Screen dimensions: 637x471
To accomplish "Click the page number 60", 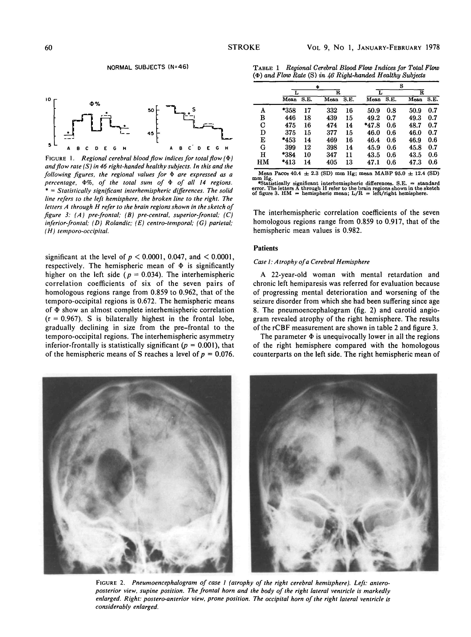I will (49, 48).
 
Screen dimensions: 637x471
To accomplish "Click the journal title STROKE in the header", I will (244, 47).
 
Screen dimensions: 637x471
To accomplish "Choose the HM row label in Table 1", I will (263, 162).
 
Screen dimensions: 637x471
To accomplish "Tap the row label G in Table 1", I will (263, 148).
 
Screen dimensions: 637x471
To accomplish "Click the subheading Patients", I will (265, 248).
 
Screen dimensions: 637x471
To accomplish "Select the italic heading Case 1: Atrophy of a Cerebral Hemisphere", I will (311, 262).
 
